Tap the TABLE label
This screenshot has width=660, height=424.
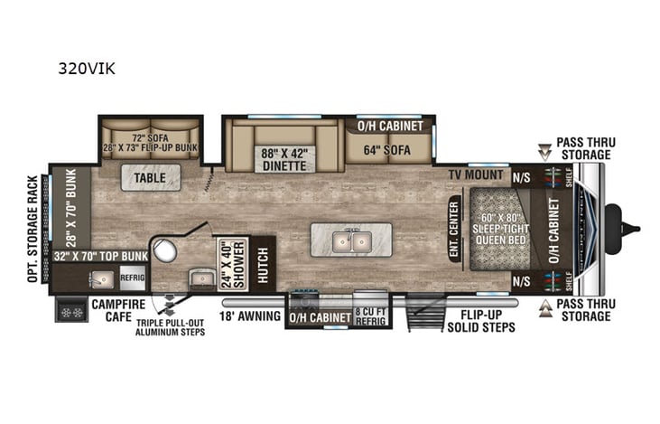151,179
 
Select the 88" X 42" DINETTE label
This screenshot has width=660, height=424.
284,158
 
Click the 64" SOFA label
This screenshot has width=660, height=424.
387,150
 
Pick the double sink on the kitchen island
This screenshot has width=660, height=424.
350,241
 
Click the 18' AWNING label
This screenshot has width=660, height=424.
248,317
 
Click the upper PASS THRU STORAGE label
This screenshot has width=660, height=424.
582,149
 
